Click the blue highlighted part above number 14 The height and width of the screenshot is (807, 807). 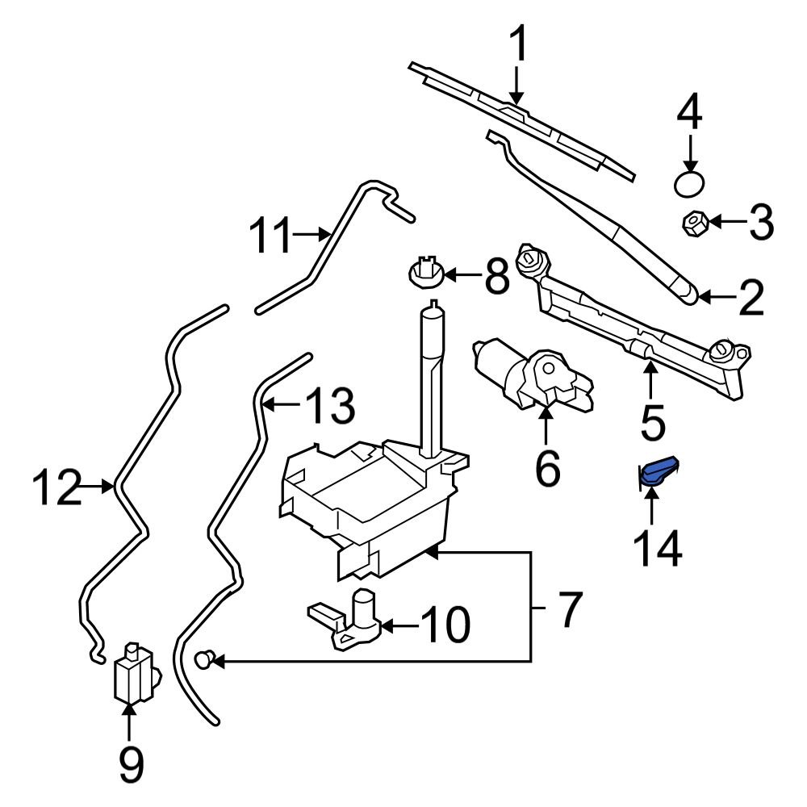[657, 473]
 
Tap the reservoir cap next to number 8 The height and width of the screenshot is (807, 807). [424, 274]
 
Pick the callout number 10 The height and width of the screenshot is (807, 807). [445, 625]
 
